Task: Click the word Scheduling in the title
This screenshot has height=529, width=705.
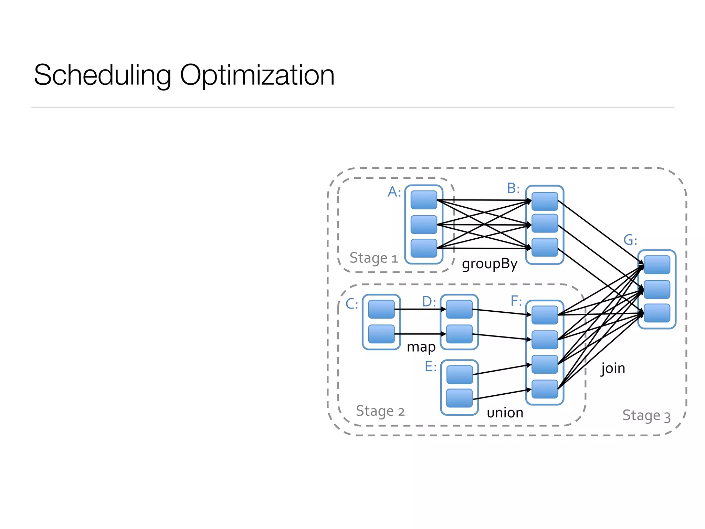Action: (x=102, y=75)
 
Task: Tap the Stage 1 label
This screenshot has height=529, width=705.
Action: (x=373, y=258)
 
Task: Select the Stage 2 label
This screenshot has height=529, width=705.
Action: (x=380, y=411)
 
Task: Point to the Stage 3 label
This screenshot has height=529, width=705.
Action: (x=646, y=415)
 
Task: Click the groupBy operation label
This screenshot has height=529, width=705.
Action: (x=490, y=264)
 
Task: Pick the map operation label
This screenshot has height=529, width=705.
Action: (x=421, y=347)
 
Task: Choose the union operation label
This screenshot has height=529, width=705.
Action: (x=505, y=413)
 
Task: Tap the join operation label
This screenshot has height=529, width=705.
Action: (x=613, y=368)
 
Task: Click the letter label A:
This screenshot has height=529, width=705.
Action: (x=394, y=192)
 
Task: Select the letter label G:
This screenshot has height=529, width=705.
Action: (x=630, y=240)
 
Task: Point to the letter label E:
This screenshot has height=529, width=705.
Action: (x=431, y=366)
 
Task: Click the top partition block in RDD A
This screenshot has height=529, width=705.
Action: (x=424, y=200)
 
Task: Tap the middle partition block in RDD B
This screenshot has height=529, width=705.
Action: (x=545, y=223)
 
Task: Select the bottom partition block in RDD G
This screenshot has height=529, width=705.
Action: (x=657, y=313)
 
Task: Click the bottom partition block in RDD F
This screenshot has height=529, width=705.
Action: (x=545, y=389)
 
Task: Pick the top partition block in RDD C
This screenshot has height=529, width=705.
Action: (x=381, y=309)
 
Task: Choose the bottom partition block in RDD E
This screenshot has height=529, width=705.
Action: (x=459, y=398)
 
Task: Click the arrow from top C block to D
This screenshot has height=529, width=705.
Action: (x=420, y=309)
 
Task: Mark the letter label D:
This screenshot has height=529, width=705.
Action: (x=429, y=302)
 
